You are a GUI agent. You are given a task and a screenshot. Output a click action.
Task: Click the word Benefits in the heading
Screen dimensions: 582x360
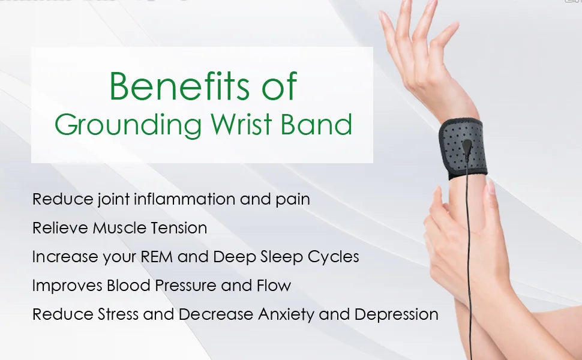tap(179, 86)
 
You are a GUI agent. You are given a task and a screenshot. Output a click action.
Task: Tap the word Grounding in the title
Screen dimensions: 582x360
tap(128, 125)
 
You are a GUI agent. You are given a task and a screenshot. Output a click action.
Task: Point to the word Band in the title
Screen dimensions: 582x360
tap(316, 124)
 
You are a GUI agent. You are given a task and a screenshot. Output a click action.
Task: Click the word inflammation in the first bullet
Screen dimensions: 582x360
tap(184, 199)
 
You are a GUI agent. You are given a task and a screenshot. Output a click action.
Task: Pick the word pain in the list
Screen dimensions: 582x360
tap(292, 200)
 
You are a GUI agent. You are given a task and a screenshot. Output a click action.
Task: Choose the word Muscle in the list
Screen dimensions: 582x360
tap(113, 228)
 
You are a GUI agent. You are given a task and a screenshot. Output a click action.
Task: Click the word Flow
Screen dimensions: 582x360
tap(274, 286)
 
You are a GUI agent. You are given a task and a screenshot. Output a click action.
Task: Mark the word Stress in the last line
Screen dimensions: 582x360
tap(118, 314)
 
